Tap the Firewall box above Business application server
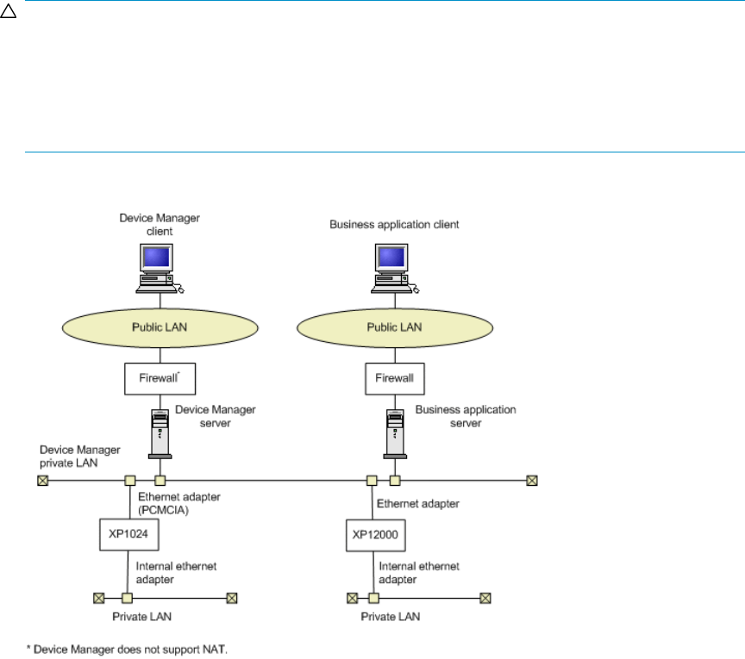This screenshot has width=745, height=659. coord(394,378)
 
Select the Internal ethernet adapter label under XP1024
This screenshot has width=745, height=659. coord(175,571)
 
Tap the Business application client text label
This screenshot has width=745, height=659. coord(394,225)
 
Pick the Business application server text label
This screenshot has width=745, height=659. coord(465,416)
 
